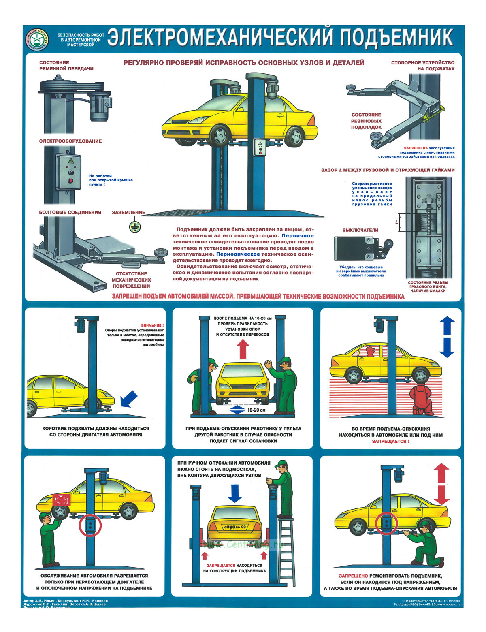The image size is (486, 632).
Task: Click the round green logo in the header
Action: (x=37, y=40)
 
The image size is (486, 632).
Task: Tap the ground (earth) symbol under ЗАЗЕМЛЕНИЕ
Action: (x=133, y=227)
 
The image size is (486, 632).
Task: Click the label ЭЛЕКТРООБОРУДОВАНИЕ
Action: (x=70, y=141)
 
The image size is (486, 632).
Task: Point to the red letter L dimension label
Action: (x=396, y=222)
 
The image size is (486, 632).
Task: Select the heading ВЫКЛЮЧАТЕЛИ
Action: (x=360, y=230)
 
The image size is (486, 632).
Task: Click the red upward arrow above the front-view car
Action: (x=243, y=349)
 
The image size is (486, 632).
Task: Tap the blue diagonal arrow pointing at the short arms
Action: (x=130, y=399)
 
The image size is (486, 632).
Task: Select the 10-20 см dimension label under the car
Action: (x=256, y=410)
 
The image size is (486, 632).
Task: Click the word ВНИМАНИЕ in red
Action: (x=152, y=325)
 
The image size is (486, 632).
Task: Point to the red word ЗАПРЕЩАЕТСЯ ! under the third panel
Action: (x=391, y=441)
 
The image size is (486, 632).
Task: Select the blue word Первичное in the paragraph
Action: (x=298, y=235)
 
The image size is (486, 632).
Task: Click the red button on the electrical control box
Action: (x=71, y=181)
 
